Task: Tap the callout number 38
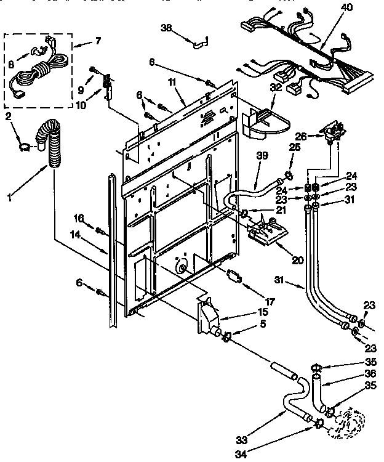pyautogui.click(x=166, y=28)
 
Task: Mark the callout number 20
pyautogui.click(x=298, y=260)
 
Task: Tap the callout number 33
pyautogui.click(x=241, y=440)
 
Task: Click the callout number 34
pyautogui.click(x=241, y=455)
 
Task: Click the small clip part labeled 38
pyautogui.click(x=198, y=44)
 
